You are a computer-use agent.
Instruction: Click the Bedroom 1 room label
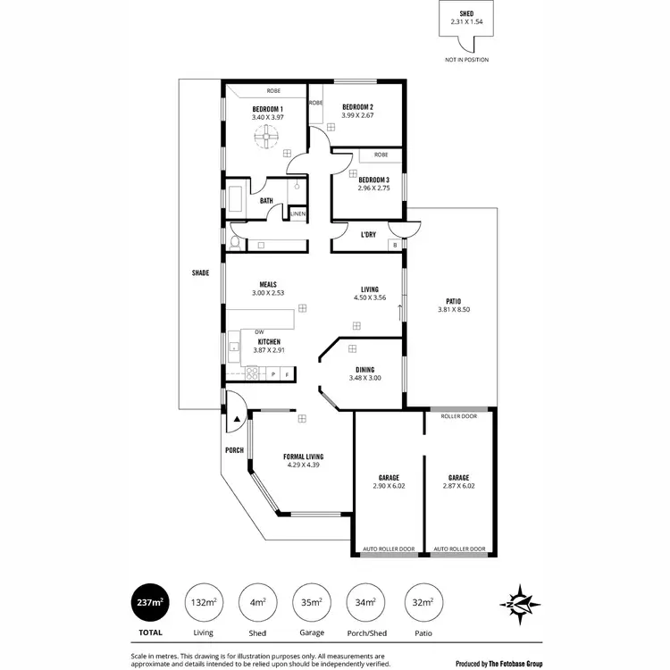(267, 108)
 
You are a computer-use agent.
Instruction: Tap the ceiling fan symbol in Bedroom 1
(267, 136)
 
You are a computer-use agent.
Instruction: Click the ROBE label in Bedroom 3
(381, 155)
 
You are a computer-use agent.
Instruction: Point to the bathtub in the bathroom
(237, 200)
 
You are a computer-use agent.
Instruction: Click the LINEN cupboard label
(297, 214)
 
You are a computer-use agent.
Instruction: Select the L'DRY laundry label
(367, 235)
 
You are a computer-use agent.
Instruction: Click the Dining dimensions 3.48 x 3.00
(364, 378)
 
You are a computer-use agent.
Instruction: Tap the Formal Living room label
(303, 456)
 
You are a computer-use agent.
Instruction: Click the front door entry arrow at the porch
(237, 416)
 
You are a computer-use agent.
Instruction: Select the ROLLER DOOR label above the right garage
(459, 416)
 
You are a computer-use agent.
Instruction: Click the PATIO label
(454, 301)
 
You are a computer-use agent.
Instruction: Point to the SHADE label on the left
(200, 272)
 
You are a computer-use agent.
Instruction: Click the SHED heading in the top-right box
(466, 13)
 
